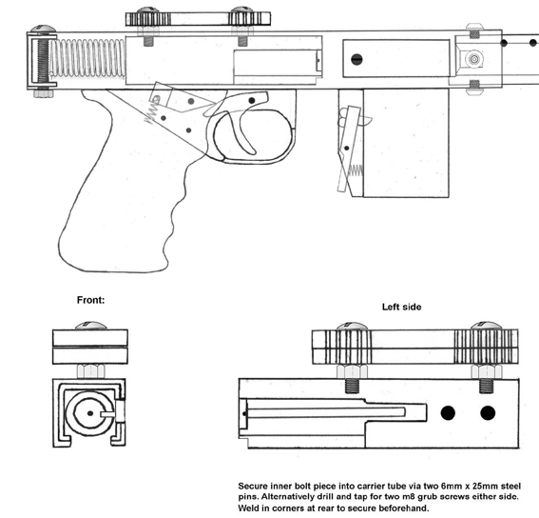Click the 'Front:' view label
click(90, 300)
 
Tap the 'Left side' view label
click(401, 307)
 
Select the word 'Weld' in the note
click(248, 508)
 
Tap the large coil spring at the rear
click(88, 57)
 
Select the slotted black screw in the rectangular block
click(356, 60)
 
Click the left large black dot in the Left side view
click(448, 413)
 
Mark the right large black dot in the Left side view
click(488, 413)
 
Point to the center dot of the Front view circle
click(90, 413)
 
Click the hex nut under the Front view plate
click(90, 371)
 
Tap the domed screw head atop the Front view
click(90, 326)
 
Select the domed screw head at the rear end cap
click(43, 29)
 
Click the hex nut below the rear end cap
click(43, 93)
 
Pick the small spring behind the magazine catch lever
click(356, 170)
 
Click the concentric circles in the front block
click(474, 59)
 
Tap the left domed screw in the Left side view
click(352, 327)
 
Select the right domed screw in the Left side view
click(486, 326)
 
